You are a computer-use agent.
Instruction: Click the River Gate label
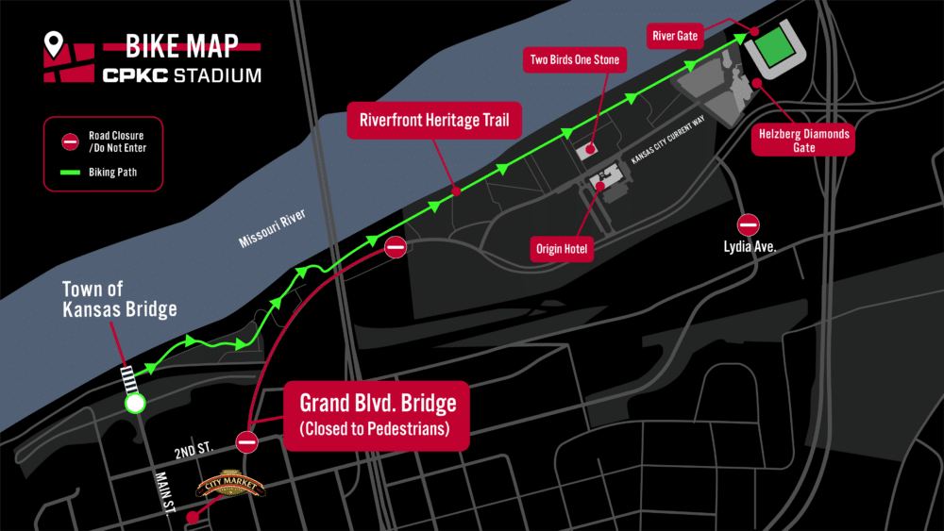(675, 37)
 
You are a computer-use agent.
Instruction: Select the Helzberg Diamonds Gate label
(804, 141)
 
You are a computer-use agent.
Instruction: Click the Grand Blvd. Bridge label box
(378, 415)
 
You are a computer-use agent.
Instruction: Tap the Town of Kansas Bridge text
(119, 299)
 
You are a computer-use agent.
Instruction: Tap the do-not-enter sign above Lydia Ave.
(749, 224)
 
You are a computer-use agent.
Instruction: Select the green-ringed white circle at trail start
(135, 405)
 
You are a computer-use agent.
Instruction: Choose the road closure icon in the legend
(71, 141)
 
